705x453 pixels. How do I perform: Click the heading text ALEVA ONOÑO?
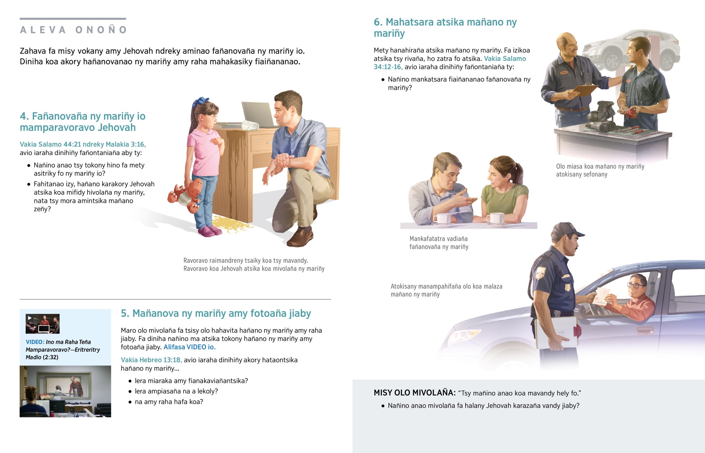[x=73, y=30]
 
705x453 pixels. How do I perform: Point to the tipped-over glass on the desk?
[x=250, y=126]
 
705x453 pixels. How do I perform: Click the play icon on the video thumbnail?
[x=30, y=318]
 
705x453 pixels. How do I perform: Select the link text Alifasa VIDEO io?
[x=189, y=347]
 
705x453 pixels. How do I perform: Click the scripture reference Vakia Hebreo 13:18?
[x=151, y=360]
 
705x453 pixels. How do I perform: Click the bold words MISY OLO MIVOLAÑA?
[x=414, y=393]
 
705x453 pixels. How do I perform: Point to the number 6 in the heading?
[x=377, y=22]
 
